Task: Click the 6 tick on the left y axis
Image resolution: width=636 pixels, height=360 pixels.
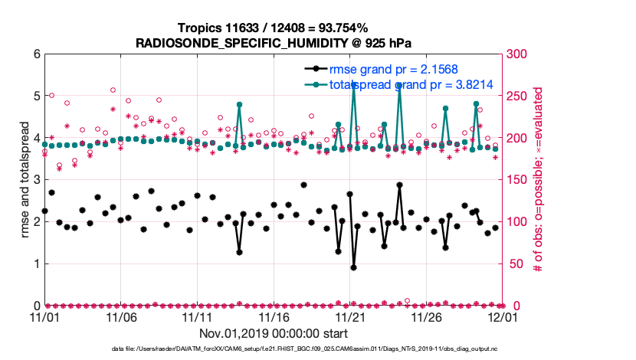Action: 35,54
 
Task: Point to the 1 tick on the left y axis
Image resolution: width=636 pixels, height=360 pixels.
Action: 35,263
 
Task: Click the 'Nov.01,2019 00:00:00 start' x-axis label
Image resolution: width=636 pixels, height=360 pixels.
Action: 274,333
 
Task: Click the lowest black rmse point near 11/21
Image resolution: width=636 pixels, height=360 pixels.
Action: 353,267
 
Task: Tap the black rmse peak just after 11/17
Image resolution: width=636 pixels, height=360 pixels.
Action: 304,185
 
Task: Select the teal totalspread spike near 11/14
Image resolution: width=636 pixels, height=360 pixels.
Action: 240,104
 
